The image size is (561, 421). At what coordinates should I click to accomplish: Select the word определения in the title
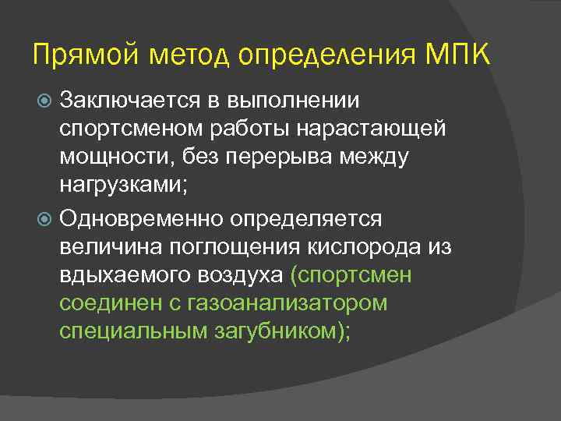(x=326, y=56)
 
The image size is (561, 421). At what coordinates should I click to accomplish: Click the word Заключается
(x=122, y=100)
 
